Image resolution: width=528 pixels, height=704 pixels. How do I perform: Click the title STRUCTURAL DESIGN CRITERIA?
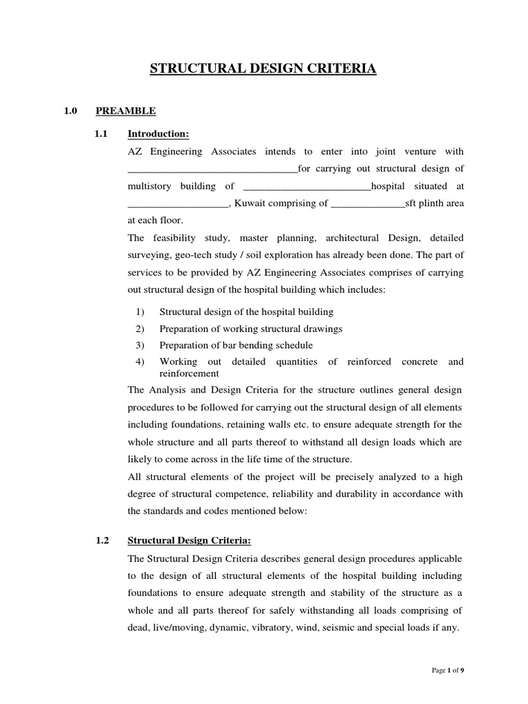click(x=263, y=69)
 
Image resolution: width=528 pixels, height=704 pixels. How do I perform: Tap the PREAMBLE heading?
click(x=125, y=110)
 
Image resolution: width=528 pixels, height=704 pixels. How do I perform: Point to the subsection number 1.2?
click(x=102, y=540)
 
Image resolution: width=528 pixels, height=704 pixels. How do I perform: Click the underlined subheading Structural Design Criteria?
click(x=189, y=540)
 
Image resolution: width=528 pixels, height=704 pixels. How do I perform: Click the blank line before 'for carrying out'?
click(x=212, y=168)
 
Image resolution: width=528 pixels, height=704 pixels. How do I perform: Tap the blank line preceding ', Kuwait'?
click(x=177, y=203)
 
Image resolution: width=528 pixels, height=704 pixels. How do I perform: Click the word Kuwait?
click(x=250, y=203)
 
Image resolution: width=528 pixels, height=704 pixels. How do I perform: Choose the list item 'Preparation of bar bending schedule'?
click(x=236, y=344)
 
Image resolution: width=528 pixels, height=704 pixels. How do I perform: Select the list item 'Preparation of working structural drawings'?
click(x=250, y=328)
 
